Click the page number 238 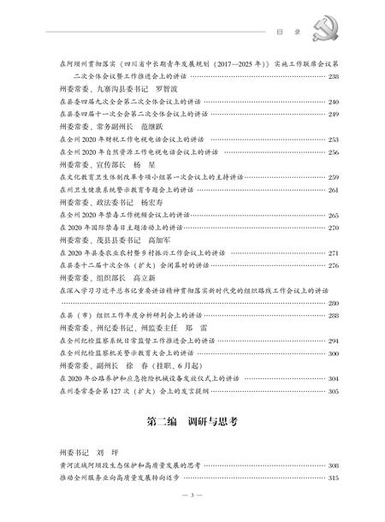333,76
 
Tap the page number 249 333,113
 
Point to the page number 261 333,189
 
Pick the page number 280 333,303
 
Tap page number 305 333,390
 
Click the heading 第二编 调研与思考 192,424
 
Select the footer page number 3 192,498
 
